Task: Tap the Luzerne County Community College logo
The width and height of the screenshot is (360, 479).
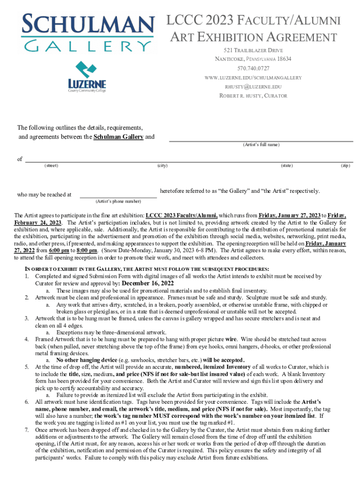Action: coord(87,77)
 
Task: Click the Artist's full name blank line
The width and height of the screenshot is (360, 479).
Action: coord(261,140)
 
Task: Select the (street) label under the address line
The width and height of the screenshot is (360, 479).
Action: coord(51,166)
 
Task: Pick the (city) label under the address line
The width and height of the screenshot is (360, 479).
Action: coord(163,166)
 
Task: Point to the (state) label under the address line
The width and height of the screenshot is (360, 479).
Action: coord(287,166)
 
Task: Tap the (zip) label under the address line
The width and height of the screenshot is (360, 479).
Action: coord(346,166)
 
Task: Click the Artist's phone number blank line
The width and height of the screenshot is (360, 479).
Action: coord(118,197)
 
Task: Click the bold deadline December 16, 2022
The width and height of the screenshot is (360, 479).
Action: coord(148,283)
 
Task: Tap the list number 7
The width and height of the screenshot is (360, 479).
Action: coord(27,430)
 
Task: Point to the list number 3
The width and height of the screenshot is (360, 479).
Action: coord(27,319)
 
